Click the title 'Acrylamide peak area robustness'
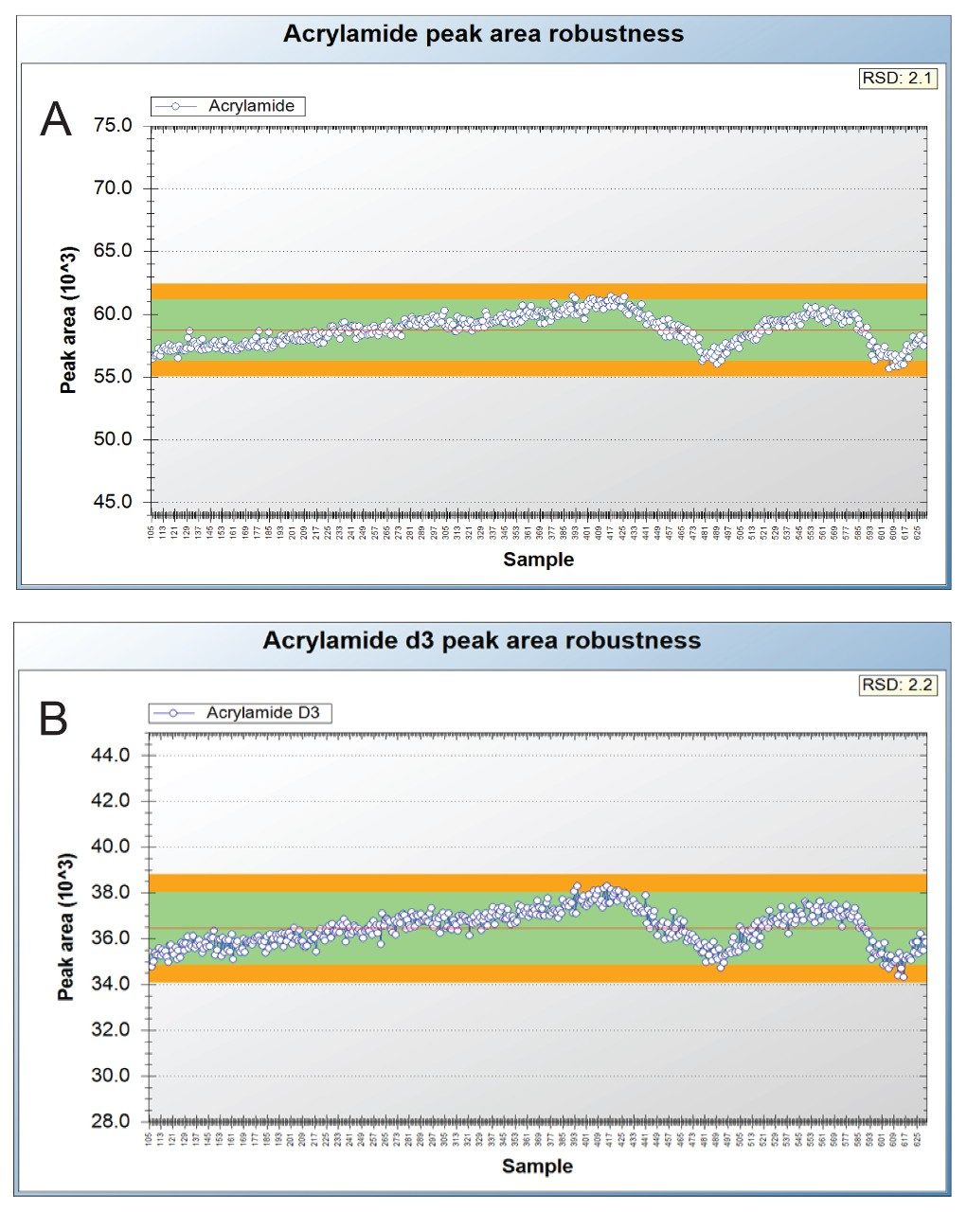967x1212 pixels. (483, 34)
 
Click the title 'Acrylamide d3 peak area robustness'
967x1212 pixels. (481, 641)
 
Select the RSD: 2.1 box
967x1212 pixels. (896, 79)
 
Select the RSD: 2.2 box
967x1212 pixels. (896, 685)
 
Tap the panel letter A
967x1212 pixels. (56, 120)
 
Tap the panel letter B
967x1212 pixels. (54, 720)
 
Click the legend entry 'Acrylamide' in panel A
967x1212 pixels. (251, 106)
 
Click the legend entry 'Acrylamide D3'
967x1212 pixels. (262, 713)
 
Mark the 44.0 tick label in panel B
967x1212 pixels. (111, 756)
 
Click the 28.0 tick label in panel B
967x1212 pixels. (111, 1122)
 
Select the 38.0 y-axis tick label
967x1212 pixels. (111, 893)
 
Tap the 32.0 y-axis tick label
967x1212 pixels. (111, 1030)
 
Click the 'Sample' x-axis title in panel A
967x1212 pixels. (538, 560)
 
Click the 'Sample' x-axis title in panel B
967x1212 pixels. (537, 1166)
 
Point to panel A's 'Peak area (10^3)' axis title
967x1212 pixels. (68, 320)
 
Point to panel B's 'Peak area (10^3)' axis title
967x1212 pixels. (66, 927)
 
